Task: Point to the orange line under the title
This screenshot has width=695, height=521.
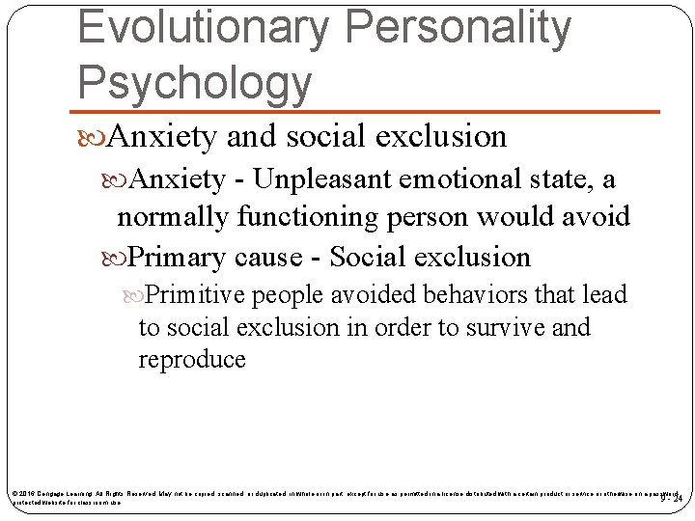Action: [x=367, y=112]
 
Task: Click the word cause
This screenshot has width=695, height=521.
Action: [x=284, y=257]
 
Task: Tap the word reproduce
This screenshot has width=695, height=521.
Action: [x=192, y=360]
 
